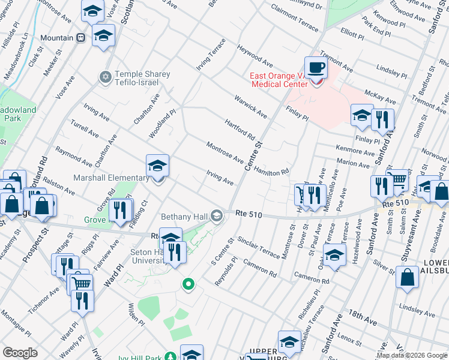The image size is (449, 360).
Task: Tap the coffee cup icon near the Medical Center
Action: click(x=316, y=67)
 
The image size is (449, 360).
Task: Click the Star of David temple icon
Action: click(x=105, y=77)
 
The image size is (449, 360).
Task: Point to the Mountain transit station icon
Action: click(x=81, y=38)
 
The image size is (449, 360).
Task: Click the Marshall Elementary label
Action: click(x=111, y=178)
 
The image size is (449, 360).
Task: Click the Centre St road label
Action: click(x=256, y=154)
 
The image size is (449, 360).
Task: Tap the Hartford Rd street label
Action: click(x=240, y=127)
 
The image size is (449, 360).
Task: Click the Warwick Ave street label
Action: click(x=250, y=106)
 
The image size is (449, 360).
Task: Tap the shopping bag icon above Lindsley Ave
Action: click(x=408, y=277)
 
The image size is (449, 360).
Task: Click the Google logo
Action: click(x=20, y=353)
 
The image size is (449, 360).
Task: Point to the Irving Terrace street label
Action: click(x=212, y=55)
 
